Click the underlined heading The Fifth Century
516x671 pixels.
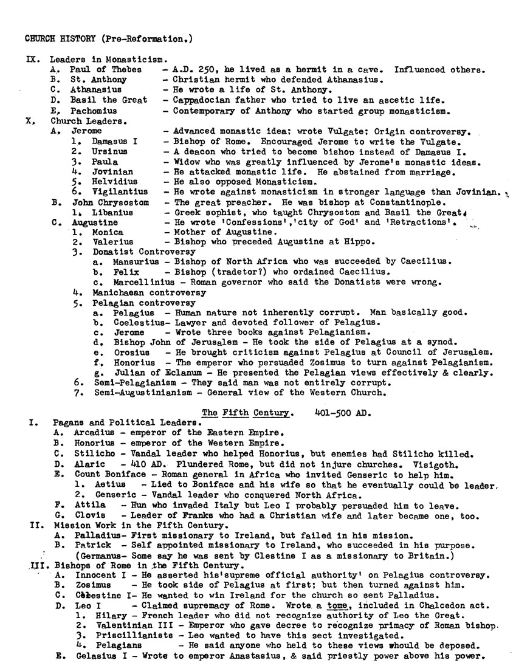(246, 413)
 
